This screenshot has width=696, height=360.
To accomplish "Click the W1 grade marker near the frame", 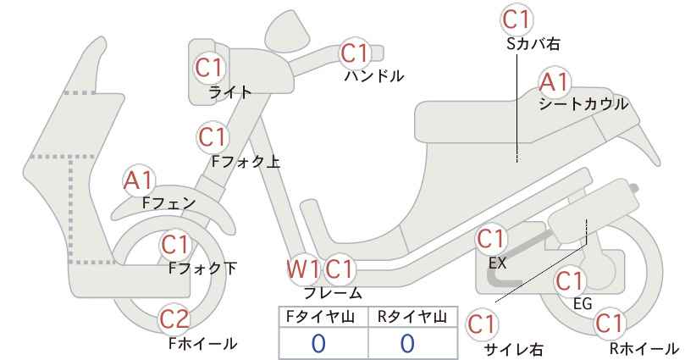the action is click(303, 269).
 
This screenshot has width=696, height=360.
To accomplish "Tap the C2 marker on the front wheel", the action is click(174, 319).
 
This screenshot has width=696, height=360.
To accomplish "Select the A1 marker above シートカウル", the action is click(555, 82).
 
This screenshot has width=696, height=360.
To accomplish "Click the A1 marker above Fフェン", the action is click(139, 181).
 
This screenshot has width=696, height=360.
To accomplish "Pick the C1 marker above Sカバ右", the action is click(516, 19).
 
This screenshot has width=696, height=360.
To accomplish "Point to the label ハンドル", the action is click(374, 76).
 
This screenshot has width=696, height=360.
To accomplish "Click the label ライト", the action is click(230, 92).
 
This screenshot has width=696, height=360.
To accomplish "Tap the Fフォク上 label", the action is click(246, 161).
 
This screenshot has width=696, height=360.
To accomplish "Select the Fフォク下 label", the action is click(203, 269).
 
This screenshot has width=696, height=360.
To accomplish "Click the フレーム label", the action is click(333, 292).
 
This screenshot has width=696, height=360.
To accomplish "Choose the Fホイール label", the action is click(203, 343).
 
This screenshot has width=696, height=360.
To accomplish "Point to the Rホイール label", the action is click(644, 348).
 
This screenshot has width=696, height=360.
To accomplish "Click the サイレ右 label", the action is click(513, 350).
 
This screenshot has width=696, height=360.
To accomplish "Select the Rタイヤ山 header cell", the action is click(413, 317).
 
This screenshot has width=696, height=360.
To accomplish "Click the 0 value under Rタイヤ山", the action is click(407, 343).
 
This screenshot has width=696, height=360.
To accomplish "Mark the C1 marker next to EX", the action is click(490, 239).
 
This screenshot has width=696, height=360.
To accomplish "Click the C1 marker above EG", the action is click(569, 281).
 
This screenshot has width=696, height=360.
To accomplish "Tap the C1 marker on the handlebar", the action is click(355, 53).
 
